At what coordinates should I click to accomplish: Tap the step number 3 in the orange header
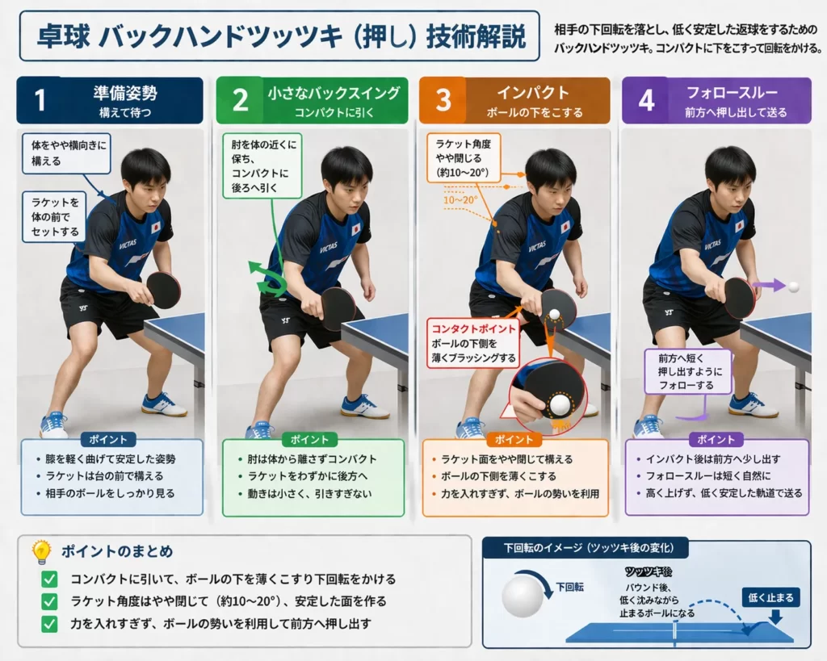pos(443,100)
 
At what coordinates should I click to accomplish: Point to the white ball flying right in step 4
pos(793,286)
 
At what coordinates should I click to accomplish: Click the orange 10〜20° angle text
pos(460,199)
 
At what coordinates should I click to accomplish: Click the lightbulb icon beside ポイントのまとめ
pos(41,552)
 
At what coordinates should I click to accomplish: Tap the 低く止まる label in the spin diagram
pos(770,598)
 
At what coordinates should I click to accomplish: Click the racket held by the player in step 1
pos(163,290)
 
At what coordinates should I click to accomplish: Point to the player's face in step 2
pos(345,179)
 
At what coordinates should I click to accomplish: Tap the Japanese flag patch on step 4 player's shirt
pos(739,227)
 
